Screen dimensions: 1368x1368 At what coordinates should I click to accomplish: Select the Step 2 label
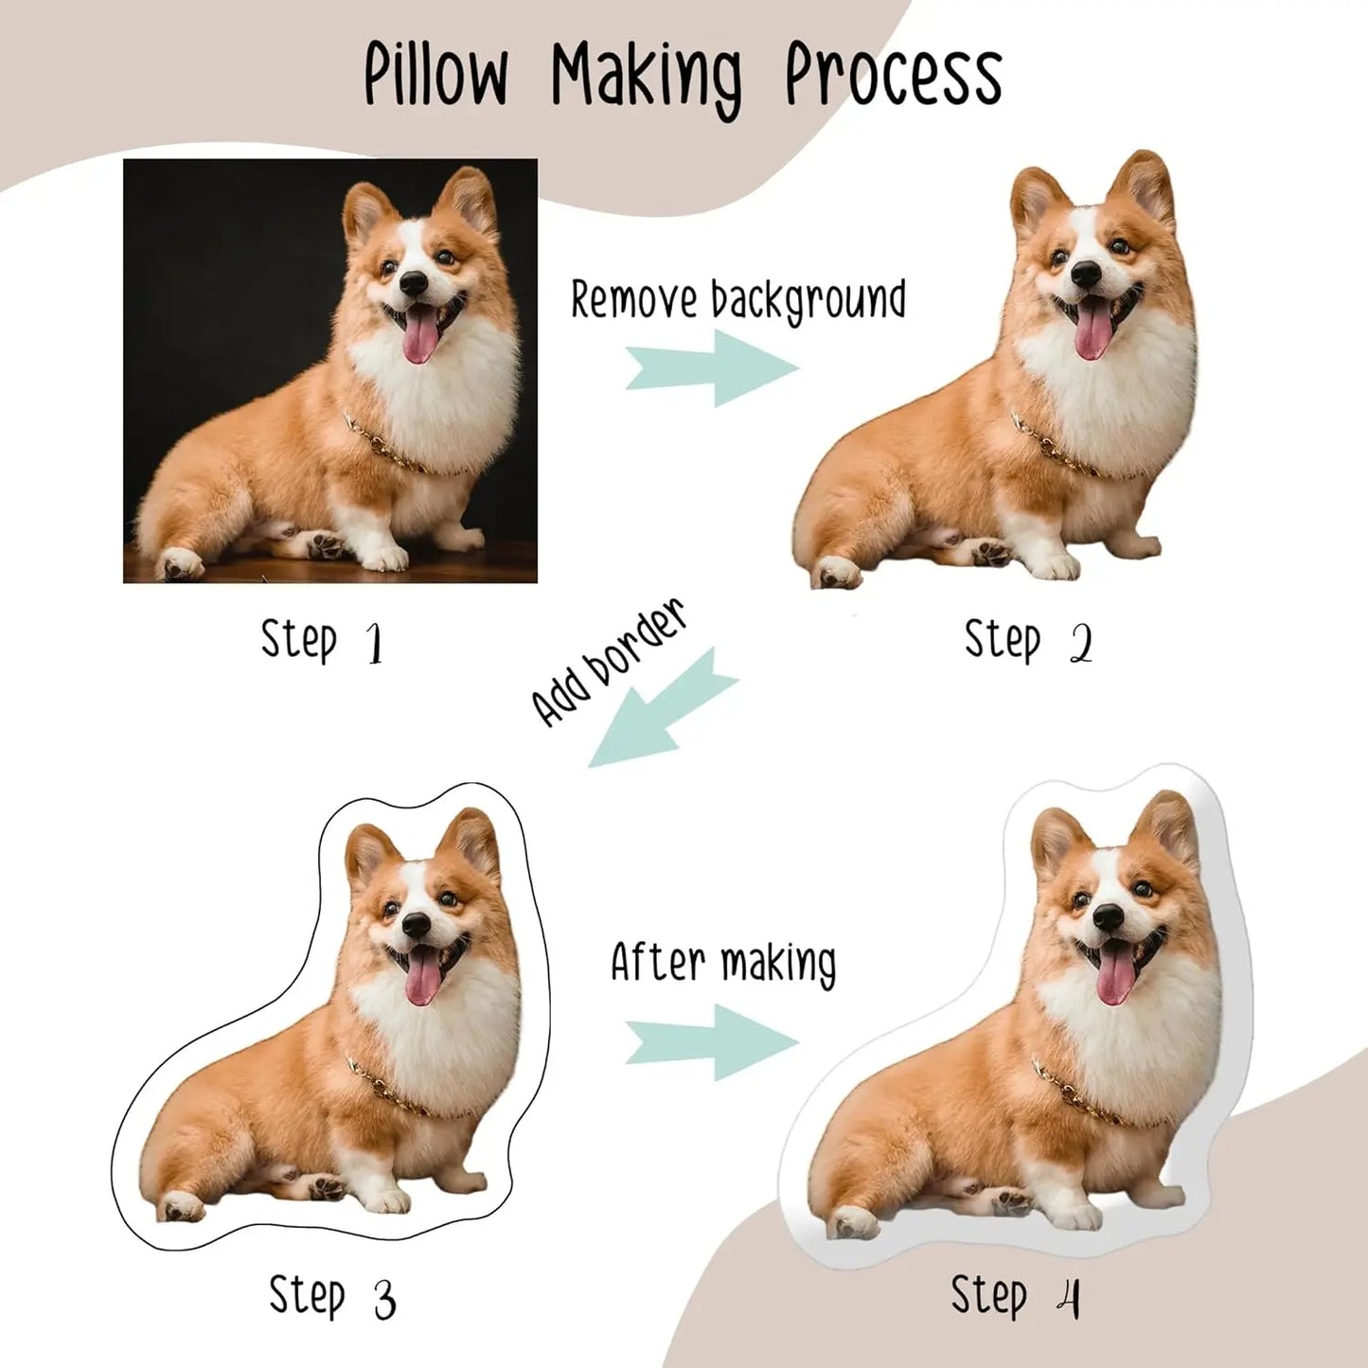(1028, 642)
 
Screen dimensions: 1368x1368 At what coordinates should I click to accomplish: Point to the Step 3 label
(331, 1296)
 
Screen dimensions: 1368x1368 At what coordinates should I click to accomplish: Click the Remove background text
(737, 300)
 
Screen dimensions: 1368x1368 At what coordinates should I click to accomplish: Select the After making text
(723, 963)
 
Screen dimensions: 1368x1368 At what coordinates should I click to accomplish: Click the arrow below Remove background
(713, 368)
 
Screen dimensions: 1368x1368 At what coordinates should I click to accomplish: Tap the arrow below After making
(712, 1042)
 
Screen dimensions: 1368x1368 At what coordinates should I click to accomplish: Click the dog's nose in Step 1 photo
(413, 281)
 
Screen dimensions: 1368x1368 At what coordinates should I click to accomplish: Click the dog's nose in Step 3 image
(416, 925)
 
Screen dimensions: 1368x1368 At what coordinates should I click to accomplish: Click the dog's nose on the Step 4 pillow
(1107, 915)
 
